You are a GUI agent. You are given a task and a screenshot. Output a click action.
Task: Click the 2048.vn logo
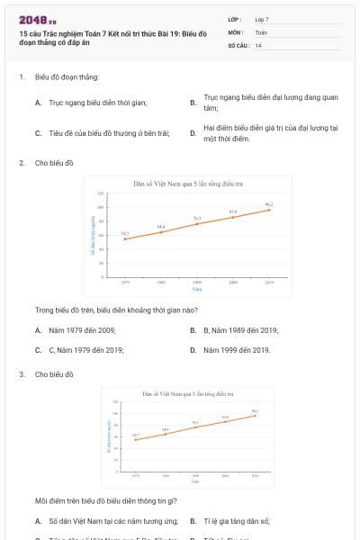pyautogui.click(x=37, y=20)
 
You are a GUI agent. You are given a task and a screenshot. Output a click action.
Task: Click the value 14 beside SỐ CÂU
pyautogui.click(x=258, y=44)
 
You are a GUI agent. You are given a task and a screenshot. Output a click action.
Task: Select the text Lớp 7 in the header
pyautogui.click(x=261, y=19)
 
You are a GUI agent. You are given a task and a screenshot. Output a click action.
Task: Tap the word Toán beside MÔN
pyautogui.click(x=261, y=31)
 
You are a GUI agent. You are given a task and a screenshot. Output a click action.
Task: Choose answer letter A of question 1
pyautogui.click(x=39, y=103)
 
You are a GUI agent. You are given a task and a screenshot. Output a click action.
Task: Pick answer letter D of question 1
pyautogui.click(x=193, y=133)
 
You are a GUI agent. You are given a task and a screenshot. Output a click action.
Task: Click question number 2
pyautogui.click(x=21, y=163)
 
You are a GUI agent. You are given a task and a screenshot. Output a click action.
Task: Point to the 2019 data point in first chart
pyautogui.click(x=269, y=210)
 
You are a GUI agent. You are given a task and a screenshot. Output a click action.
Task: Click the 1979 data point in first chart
pyautogui.click(x=125, y=238)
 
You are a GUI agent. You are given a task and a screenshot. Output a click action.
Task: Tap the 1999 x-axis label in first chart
pyautogui.click(x=197, y=283)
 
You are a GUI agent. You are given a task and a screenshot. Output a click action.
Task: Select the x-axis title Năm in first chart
pyautogui.click(x=197, y=289)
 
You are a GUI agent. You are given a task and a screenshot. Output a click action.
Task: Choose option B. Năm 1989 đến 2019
pyautogui.click(x=238, y=330)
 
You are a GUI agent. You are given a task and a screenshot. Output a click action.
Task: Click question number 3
pyautogui.click(x=21, y=373)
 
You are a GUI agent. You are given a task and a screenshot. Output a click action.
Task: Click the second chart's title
pyautogui.click(x=188, y=393)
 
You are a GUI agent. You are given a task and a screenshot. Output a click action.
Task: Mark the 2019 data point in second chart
pyautogui.click(x=256, y=415)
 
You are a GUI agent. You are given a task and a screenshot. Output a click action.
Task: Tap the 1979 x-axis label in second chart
pyautogui.click(x=136, y=473)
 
